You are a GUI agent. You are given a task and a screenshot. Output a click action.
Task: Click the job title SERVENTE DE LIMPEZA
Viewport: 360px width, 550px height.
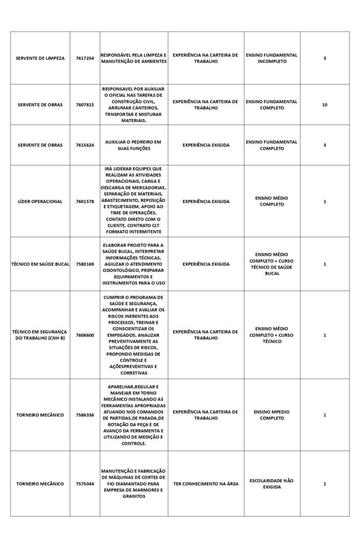[40, 58]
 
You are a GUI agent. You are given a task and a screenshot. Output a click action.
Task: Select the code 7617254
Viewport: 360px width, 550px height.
[85, 58]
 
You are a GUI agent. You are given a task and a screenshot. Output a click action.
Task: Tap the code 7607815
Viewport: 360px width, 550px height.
[85, 105]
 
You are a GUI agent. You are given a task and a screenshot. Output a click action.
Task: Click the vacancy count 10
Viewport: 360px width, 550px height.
[325, 105]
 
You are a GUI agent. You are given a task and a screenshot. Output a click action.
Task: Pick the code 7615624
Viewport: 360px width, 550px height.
[85, 145]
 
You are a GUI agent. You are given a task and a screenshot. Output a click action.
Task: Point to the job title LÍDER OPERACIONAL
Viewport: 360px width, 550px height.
[40, 201]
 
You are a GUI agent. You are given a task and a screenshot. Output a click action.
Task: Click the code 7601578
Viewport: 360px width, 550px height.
[85, 201]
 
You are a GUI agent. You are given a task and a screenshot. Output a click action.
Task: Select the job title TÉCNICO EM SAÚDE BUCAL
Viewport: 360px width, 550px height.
[40, 264]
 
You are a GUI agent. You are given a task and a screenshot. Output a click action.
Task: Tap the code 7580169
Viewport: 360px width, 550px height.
[85, 264]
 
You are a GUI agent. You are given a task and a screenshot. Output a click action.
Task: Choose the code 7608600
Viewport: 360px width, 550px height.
[85, 335]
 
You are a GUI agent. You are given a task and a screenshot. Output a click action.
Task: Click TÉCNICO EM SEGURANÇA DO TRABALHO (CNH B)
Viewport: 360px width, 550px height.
[40, 335]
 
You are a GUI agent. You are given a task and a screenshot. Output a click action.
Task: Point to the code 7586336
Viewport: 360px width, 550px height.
[85, 415]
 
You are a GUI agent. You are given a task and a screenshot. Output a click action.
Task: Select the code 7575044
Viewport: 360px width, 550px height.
[85, 484]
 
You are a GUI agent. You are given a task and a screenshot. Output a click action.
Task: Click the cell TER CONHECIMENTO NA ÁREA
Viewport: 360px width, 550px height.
[206, 484]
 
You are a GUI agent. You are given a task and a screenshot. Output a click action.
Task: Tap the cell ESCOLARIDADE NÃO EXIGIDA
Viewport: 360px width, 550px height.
[272, 484]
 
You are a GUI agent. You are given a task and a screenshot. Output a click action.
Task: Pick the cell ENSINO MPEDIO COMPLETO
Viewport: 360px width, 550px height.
[272, 415]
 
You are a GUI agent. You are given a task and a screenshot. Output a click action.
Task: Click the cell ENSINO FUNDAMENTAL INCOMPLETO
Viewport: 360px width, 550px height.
[272, 58]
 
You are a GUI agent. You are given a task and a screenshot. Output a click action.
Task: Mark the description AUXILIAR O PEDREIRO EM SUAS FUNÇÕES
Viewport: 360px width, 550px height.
[133, 145]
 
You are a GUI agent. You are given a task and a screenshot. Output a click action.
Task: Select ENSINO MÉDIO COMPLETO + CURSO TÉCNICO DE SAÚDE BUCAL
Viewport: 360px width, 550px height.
[272, 264]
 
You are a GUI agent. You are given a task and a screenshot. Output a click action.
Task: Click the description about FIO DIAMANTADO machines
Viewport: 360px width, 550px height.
[133, 484]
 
